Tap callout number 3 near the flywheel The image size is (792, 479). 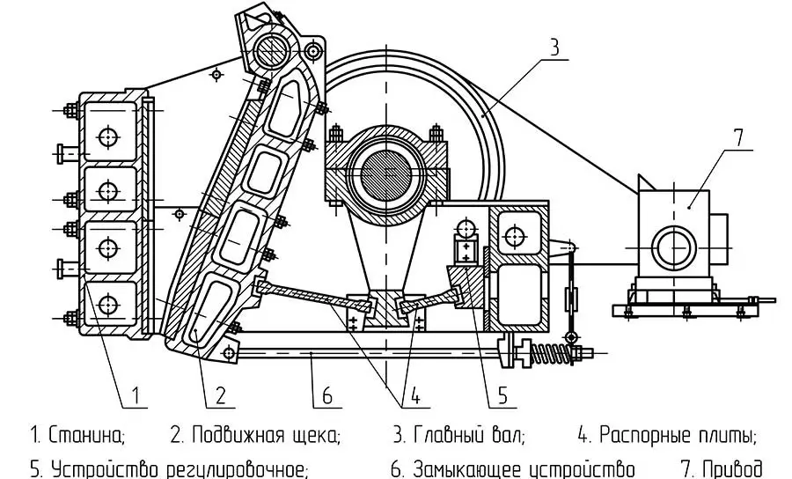pyautogui.click(x=553, y=48)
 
